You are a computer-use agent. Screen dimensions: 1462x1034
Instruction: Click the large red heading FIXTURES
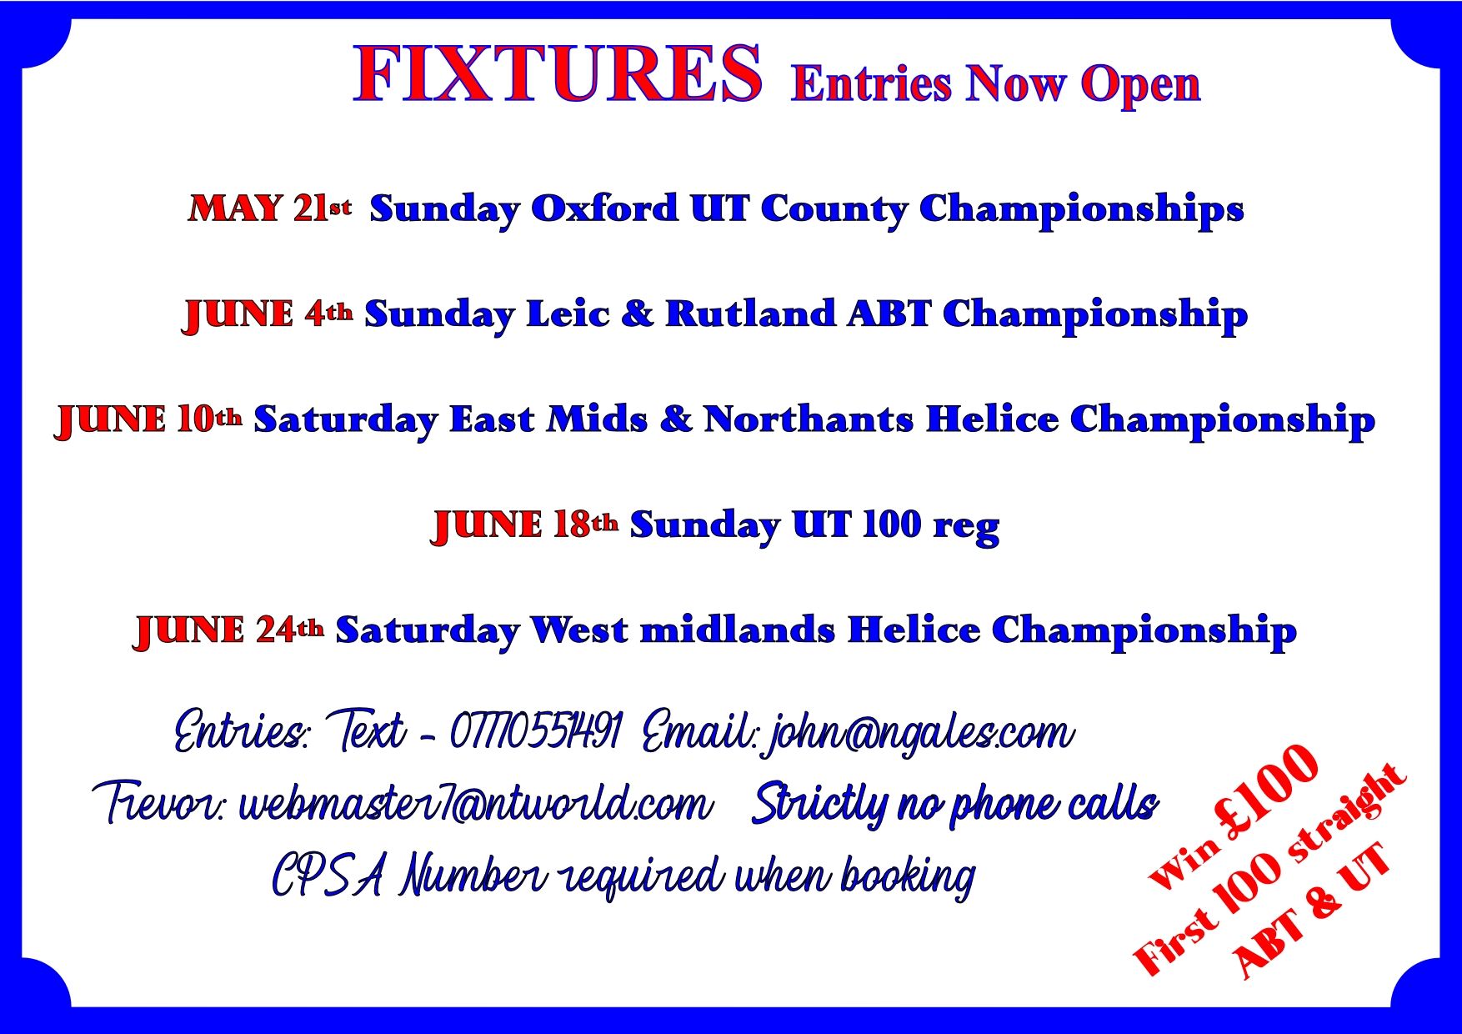[x=557, y=74]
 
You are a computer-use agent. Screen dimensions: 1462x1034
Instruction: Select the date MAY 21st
[x=270, y=208]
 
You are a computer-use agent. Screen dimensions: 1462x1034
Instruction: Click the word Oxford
[x=604, y=208]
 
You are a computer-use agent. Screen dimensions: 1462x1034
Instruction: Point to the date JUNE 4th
[x=268, y=314]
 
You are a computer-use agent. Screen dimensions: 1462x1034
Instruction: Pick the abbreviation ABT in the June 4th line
[x=889, y=314]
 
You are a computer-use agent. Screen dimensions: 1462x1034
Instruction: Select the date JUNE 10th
[x=149, y=419]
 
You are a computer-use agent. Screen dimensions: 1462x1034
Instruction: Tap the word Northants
[x=809, y=419]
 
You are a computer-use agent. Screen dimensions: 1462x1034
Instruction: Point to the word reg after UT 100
[x=966, y=528]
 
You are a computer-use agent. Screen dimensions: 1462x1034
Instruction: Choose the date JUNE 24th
[x=229, y=630]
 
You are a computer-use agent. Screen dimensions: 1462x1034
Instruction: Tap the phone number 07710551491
[x=536, y=731]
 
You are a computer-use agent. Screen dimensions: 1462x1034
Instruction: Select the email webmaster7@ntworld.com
[x=476, y=803]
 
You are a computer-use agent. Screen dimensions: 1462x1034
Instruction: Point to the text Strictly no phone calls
[x=955, y=804]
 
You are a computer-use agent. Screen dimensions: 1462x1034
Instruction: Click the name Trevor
[x=158, y=803]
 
